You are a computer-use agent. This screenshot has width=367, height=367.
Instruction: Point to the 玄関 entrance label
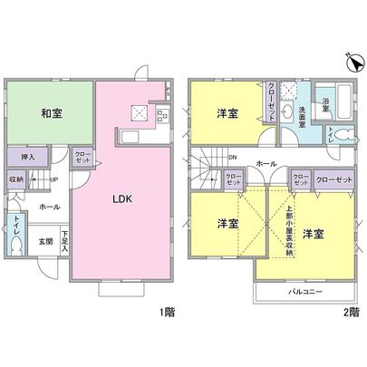(45, 242)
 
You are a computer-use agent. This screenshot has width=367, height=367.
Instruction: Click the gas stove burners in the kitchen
(163, 114)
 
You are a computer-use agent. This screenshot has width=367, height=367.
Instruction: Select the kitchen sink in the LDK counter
(140, 111)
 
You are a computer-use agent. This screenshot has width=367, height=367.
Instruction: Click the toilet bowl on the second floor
(329, 132)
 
